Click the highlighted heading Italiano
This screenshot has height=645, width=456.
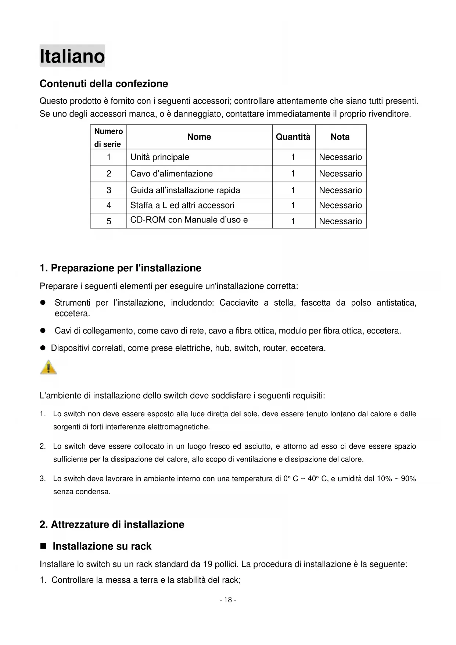point(72,56)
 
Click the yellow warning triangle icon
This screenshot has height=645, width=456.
point(49,367)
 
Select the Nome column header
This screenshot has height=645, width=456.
point(199,137)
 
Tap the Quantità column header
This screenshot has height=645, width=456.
point(293,137)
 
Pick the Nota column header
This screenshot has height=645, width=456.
point(340,137)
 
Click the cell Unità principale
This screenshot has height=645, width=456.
point(160,157)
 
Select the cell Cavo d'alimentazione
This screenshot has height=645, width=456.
point(172,174)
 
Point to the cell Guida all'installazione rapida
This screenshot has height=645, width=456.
point(185,190)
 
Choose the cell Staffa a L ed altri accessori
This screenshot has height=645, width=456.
point(182,205)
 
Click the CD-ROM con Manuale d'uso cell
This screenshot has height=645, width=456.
point(189,220)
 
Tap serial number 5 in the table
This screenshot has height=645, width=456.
point(109,221)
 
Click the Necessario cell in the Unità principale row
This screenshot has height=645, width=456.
point(340,157)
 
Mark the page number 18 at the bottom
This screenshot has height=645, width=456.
point(228,600)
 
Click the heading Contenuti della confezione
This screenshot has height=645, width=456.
point(104,84)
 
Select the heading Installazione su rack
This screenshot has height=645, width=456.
point(102,546)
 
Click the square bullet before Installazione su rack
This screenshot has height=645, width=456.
point(43,546)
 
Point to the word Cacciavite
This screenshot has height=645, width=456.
point(239,303)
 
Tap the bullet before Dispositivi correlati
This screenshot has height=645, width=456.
point(43,348)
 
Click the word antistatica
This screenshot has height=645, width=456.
point(396,303)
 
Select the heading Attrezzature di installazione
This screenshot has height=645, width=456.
point(112,524)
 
